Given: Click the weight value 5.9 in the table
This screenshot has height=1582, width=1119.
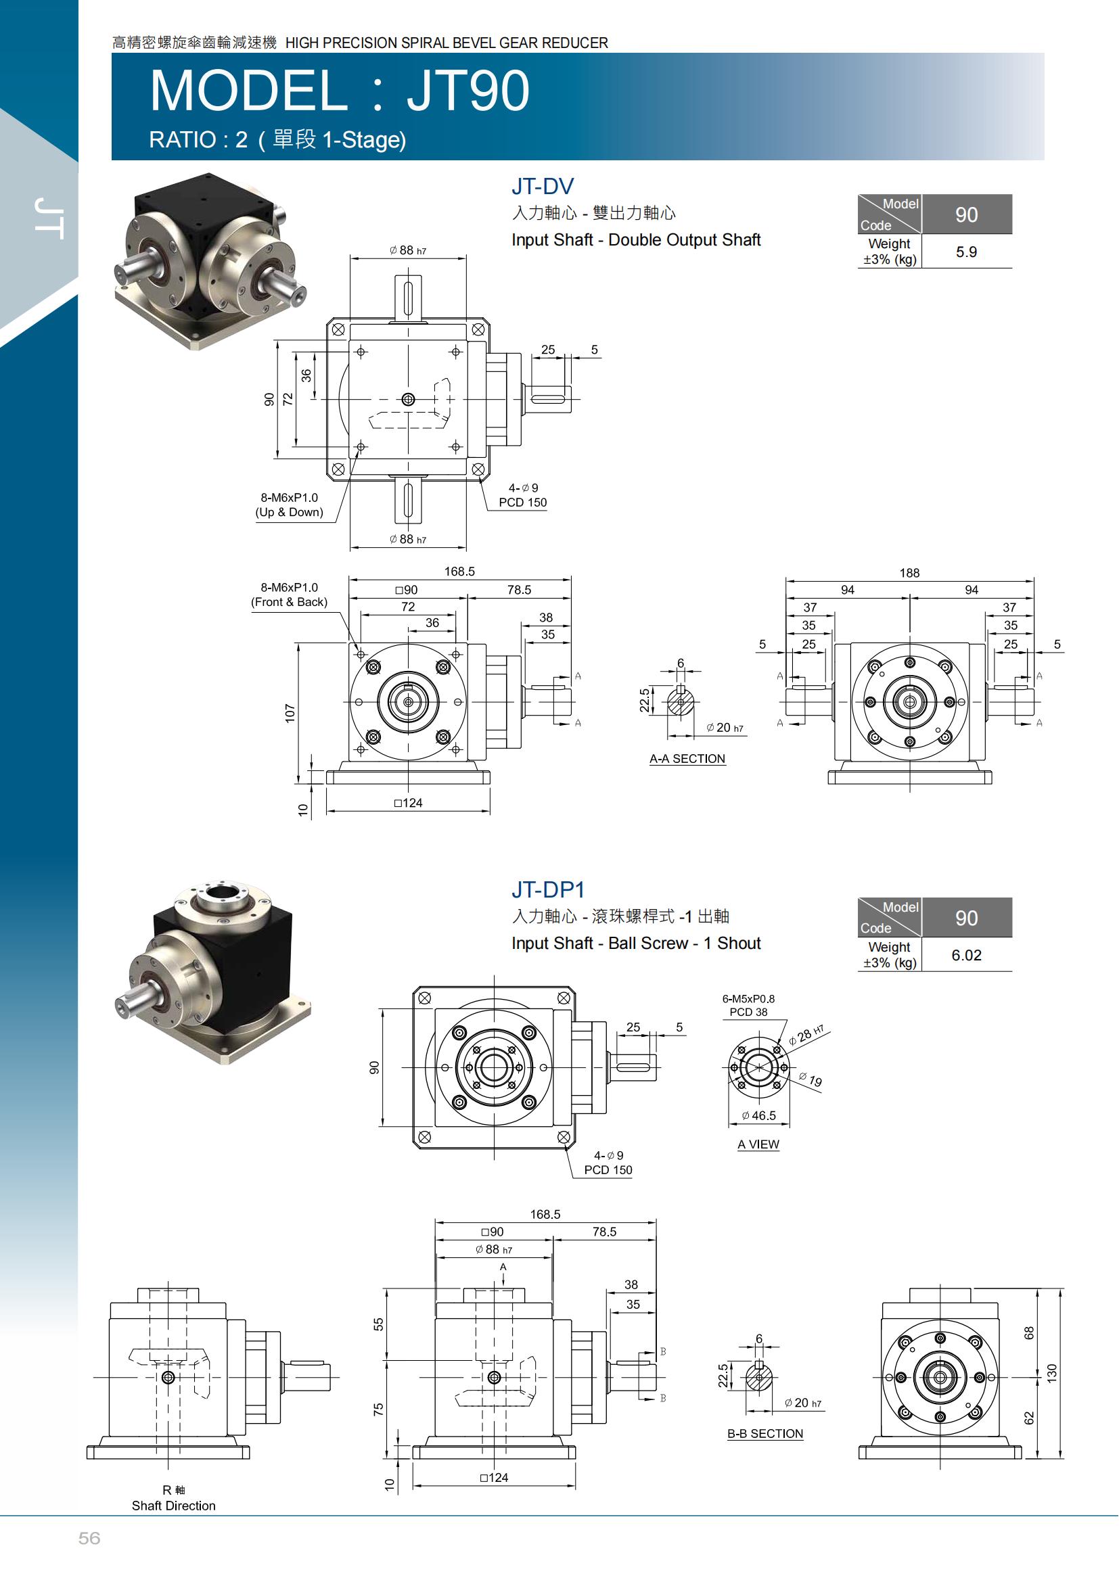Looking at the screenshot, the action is pos(966,252).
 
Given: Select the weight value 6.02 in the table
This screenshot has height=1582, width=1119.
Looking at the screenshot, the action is pos(966,955).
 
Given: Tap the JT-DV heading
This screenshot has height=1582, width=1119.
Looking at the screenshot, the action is pos(543,186).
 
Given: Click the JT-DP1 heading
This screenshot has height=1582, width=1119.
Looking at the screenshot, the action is pos(548,889).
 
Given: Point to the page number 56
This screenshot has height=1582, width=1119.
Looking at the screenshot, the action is pos(89,1538).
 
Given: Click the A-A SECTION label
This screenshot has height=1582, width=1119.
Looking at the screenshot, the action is pos(687,759).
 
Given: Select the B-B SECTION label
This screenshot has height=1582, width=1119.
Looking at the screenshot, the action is pos(765,1434).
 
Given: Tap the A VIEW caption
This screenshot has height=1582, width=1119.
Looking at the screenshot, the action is pos(758,1144).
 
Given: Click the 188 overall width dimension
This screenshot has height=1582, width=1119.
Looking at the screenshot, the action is pos(909,573).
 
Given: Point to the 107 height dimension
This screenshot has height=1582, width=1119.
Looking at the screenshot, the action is pos(290,713).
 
